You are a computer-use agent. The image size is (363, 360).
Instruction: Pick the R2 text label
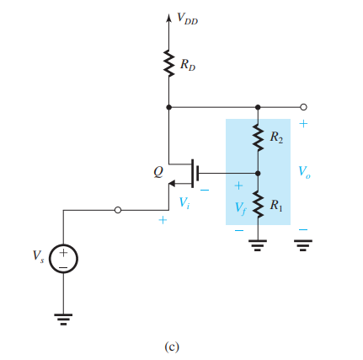pyautogui.click(x=275, y=136)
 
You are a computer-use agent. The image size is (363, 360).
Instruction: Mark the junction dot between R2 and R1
pyautogui.click(x=258, y=174)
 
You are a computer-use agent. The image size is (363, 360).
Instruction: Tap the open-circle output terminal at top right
pyautogui.click(x=303, y=107)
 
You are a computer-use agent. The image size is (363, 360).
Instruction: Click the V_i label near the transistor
pyautogui.click(x=184, y=203)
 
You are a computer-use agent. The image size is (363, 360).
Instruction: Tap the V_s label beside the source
pyautogui.click(x=35, y=255)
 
